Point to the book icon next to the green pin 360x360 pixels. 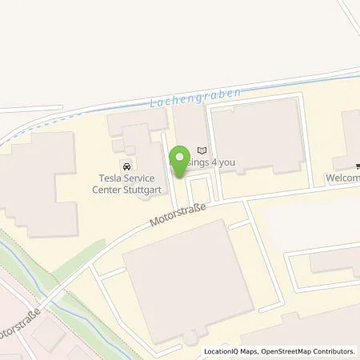[x=202, y=150]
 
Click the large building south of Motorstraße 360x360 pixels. [x=189, y=280]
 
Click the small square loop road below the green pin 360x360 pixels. [x=199, y=190]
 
